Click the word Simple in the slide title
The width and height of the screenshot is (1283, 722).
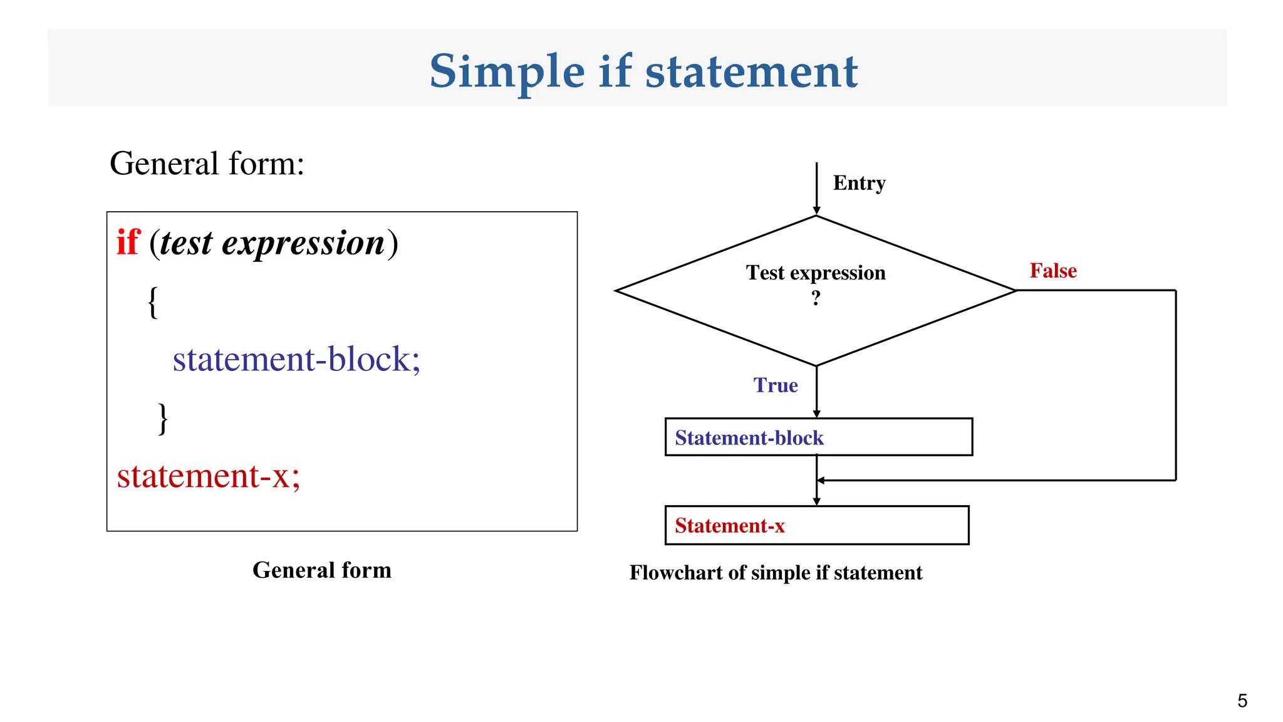506,72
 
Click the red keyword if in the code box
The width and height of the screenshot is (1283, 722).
128,243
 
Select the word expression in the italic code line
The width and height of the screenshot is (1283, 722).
303,243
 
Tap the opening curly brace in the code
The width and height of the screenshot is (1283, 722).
153,303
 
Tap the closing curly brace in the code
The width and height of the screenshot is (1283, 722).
163,419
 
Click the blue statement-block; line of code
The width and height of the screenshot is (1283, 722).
296,360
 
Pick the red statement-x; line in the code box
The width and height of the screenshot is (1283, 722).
209,476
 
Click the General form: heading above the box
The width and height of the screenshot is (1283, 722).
207,164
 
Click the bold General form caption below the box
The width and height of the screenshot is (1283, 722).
322,570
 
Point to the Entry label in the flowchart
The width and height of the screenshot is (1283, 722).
859,183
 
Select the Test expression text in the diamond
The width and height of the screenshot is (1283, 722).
816,273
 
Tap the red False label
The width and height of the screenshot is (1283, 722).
1053,271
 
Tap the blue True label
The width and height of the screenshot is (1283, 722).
776,385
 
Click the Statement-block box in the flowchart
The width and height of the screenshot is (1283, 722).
818,437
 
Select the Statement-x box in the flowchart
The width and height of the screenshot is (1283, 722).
816,525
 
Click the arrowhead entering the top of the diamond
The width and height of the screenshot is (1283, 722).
816,211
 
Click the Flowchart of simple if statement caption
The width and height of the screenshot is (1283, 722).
776,573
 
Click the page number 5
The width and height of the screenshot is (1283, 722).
1242,701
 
